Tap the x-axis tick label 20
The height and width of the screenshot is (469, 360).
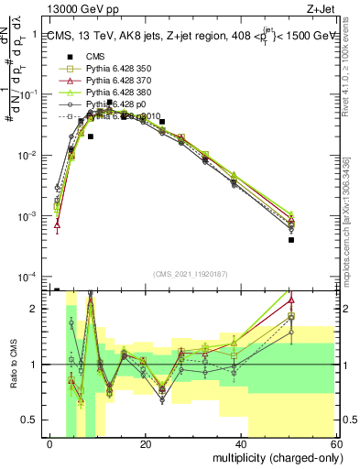[x=145, y=443]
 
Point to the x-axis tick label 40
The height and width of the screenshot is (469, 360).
[x=240, y=443]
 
